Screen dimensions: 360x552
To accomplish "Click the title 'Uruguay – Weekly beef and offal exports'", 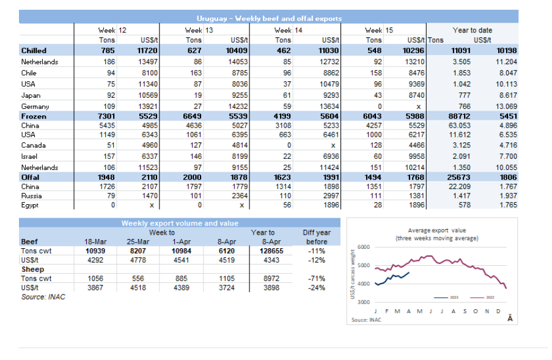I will (268, 18).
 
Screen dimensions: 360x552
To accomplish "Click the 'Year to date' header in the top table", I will (472, 30).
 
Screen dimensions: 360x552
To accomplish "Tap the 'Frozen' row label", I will (34, 116).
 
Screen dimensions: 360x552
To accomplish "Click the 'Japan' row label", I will (31, 94).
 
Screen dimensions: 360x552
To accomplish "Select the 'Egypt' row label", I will (30, 205).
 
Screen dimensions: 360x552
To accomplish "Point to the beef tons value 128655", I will (262, 251).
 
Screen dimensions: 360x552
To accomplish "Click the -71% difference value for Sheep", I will (316, 278).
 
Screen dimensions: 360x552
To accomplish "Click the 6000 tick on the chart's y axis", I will (364, 247).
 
